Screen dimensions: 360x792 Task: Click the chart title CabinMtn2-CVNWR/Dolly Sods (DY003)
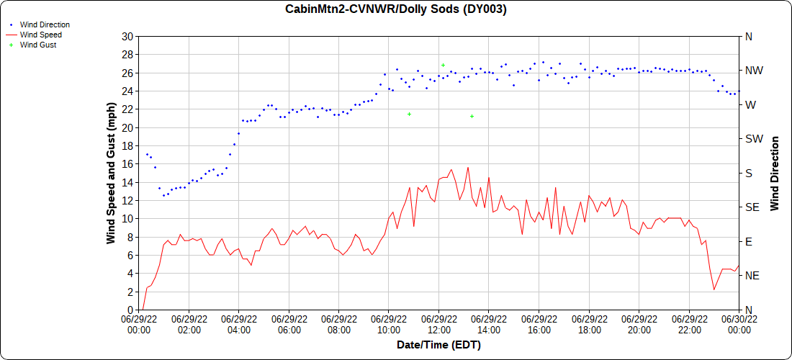(396, 9)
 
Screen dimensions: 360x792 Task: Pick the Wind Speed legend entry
(40, 35)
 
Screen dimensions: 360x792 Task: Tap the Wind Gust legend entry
(38, 45)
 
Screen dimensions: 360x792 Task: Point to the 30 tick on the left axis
(127, 36)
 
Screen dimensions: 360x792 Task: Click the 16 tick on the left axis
(127, 163)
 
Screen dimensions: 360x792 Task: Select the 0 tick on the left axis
(130, 310)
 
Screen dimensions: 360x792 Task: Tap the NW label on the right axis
(753, 71)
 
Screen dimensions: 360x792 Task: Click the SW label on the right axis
(753, 138)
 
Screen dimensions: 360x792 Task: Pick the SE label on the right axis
(752, 207)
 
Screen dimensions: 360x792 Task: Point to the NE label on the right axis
(752, 275)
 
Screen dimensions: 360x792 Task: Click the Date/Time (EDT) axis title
(438, 345)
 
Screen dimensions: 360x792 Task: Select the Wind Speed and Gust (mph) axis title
(111, 173)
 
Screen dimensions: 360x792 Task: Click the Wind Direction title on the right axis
(775, 173)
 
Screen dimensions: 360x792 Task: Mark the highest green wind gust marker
(443, 65)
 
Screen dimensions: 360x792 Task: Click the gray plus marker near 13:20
(472, 116)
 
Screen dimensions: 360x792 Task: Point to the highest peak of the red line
(468, 168)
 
